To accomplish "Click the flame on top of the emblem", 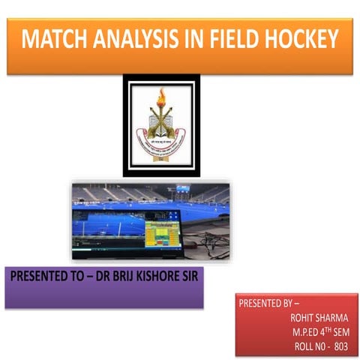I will point(161,97).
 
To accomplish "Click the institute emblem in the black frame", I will point(161,124).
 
